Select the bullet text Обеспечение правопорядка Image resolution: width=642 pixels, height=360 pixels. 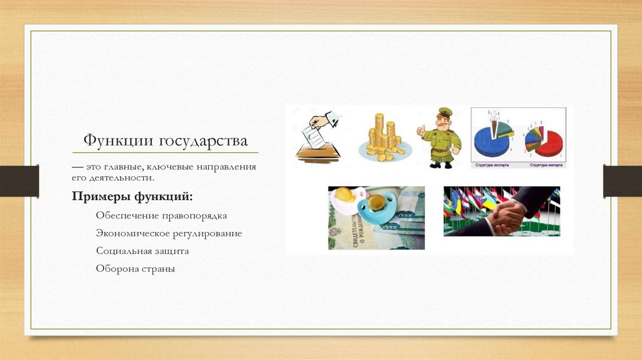[161, 215]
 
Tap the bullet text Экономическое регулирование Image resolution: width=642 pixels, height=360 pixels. [169, 233]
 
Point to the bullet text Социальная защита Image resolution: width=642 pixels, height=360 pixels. [142, 251]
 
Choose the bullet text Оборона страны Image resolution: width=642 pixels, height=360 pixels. [135, 268]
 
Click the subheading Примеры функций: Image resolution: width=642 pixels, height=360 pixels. [132, 197]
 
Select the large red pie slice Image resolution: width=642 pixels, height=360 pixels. [549, 146]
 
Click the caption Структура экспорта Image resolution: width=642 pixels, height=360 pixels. [494, 165]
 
